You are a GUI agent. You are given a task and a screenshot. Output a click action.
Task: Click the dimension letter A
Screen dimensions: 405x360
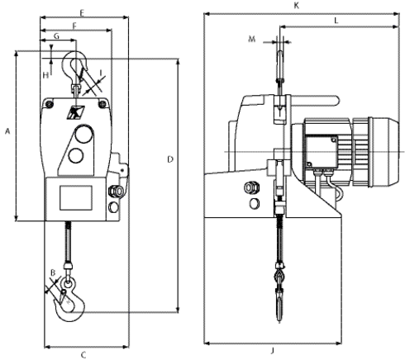pos(7,131)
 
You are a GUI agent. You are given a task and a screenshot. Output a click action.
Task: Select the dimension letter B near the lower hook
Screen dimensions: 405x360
pos(53,272)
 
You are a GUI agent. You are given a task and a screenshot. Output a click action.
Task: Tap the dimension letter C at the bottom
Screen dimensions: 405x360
pos(83,355)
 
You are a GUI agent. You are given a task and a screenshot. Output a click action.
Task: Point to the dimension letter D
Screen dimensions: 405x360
pos(170,159)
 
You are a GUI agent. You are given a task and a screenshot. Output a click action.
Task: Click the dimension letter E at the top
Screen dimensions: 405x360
pos(82,12)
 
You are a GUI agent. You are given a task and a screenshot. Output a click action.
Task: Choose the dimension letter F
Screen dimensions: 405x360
pos(74,26)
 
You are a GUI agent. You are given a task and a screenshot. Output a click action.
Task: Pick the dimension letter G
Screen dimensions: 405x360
pos(56,36)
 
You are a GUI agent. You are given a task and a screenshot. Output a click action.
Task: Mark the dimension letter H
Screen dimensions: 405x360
pos(45,75)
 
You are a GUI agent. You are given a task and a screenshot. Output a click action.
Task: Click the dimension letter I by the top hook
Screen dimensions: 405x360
pos(101,73)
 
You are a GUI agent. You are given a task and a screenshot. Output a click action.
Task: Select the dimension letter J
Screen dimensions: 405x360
pos(273,350)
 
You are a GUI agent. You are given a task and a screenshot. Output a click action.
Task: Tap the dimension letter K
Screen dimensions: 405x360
pos(297,6)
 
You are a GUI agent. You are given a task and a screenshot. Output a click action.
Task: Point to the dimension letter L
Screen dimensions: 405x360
pos(336,21)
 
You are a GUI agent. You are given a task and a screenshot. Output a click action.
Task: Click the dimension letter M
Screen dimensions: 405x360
pos(252,39)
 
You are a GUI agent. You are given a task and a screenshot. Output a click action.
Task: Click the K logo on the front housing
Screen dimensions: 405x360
pos(75,112)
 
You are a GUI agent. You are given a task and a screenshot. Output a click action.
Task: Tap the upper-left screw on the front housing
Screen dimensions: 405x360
pos(50,104)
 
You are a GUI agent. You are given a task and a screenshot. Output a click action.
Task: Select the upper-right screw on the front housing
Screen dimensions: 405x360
pos(102,104)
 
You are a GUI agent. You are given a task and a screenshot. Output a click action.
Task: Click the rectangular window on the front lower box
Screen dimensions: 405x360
pos(76,197)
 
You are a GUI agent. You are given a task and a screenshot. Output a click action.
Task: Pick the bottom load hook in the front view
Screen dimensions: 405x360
pos(69,299)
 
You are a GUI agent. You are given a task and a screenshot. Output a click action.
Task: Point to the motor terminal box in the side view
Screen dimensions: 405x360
pos(322,151)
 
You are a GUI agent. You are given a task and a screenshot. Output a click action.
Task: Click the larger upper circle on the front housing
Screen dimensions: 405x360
pos(83,134)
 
